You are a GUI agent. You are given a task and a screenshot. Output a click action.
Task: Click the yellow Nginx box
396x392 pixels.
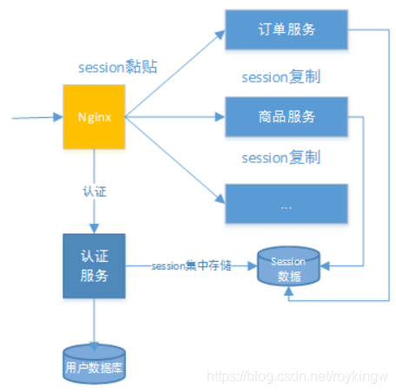tap(93, 116)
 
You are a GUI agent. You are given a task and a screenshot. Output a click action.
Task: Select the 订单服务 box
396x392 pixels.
tap(286, 30)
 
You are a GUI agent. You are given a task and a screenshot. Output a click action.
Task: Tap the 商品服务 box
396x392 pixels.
tap(286, 117)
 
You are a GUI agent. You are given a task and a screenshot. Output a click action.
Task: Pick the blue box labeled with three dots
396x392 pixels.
tap(286, 204)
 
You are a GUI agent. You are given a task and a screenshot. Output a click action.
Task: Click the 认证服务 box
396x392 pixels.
tap(93, 265)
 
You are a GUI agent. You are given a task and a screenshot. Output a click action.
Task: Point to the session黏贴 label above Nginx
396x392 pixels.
tap(117, 67)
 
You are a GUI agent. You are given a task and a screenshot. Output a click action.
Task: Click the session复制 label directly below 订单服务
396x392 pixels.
tap(280, 76)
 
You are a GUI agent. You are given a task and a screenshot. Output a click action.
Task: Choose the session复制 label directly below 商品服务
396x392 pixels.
tap(280, 158)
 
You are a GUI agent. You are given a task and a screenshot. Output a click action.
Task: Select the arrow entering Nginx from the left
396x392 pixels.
tap(35, 115)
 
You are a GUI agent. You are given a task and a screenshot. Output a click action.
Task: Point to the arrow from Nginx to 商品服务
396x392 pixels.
tap(174, 116)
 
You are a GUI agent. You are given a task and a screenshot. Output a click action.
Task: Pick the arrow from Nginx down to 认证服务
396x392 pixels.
tap(93, 208)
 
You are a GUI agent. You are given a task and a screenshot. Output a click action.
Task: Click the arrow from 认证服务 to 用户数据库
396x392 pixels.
tap(93, 321)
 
